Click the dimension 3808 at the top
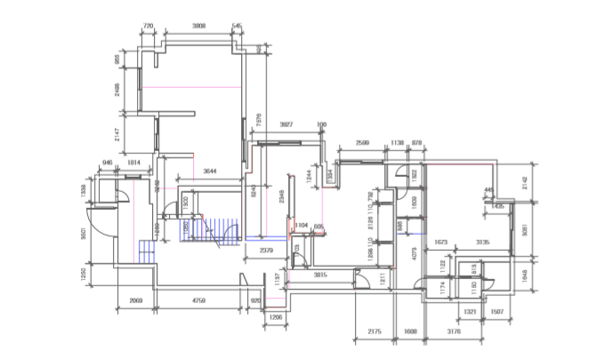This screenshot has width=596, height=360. (x=198, y=27)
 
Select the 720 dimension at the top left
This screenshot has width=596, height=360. (x=149, y=27)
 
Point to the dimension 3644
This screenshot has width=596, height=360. (x=210, y=170)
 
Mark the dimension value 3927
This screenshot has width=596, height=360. (x=286, y=124)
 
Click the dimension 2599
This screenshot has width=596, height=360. (x=362, y=142)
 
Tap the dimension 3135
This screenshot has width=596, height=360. (x=483, y=241)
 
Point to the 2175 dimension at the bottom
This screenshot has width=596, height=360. (x=375, y=332)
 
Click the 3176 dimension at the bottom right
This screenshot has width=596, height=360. (x=454, y=332)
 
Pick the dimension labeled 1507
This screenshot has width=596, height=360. (x=496, y=312)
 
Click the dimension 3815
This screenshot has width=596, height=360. (x=321, y=276)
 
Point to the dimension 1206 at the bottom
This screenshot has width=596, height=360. (x=275, y=316)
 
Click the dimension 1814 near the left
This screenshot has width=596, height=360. (x=133, y=163)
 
